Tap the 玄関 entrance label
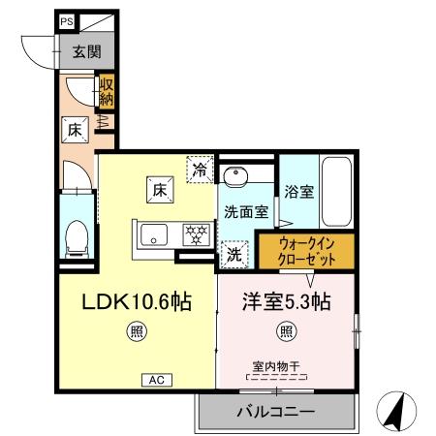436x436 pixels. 80,54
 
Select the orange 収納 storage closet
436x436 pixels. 107,94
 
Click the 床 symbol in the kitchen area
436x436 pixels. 159,191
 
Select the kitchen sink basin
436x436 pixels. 155,234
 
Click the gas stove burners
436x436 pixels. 197,234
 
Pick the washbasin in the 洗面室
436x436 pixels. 235,177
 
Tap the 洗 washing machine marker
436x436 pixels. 234,255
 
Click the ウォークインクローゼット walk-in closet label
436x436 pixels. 306,253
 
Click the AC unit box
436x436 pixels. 157,380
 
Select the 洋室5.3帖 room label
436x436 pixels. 286,301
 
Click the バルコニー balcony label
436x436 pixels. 276,412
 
